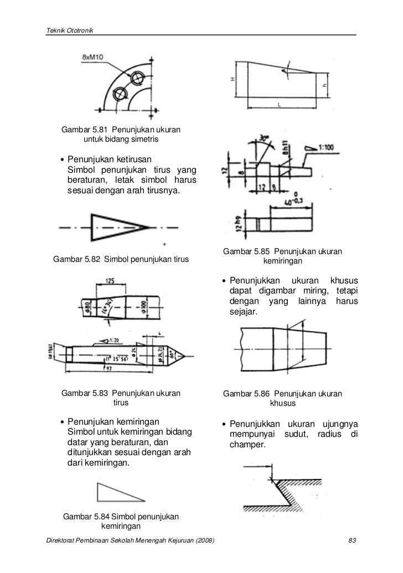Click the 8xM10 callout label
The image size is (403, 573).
click(x=95, y=57)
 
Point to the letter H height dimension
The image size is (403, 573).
click(x=233, y=79)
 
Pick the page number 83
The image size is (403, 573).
click(x=350, y=540)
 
